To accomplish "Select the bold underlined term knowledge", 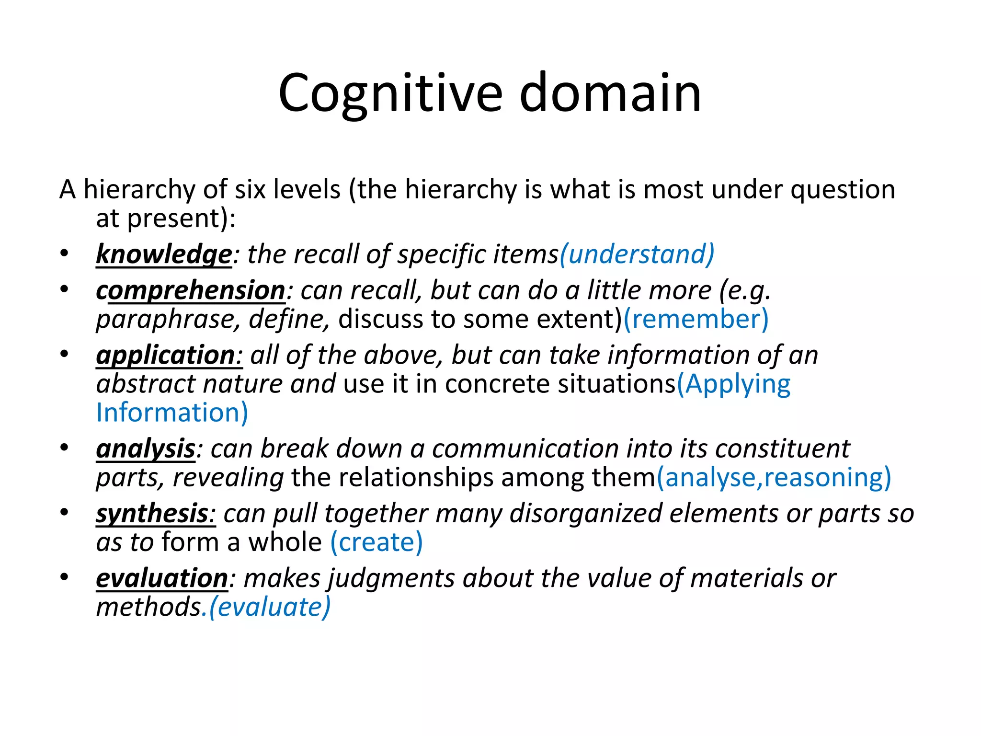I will pos(164,254).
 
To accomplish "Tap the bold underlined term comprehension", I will pos(191,290).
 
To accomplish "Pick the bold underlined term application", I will pos(166,355).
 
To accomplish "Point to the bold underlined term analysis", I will pos(146,449).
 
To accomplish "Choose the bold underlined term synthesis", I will pos(152,514).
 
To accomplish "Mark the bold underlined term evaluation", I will pos(162,578).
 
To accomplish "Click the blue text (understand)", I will pos(637,254).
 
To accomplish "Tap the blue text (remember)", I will pos(696,319).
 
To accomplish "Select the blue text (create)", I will pos(376,542).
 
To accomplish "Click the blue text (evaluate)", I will pos(270,607).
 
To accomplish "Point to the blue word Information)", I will pos(172,413).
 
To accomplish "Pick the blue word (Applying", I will pos(733,384).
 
